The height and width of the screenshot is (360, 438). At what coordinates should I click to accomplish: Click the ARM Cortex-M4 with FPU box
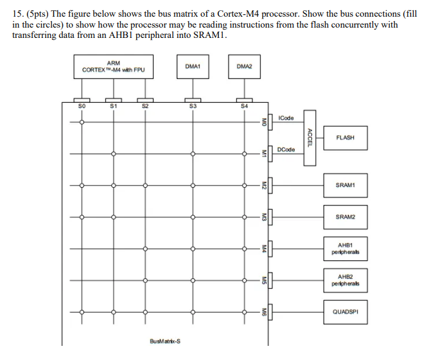tap(113, 67)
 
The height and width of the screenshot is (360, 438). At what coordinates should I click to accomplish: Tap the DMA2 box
tap(244, 67)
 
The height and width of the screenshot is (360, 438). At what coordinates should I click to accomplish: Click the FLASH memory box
tap(345, 138)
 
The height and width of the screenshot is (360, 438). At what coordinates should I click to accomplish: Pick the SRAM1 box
tap(345, 185)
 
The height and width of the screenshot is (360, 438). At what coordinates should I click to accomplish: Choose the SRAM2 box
tap(345, 217)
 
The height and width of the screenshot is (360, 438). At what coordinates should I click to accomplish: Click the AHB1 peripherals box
tap(345, 249)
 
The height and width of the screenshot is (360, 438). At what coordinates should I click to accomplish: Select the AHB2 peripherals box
tap(345, 280)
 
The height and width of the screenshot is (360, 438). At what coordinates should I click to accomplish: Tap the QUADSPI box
tap(345, 312)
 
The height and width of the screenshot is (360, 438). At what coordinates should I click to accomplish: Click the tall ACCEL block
tap(310, 138)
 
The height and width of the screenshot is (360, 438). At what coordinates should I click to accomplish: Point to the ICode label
tap(286, 118)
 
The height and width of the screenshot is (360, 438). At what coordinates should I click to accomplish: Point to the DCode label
tap(286, 150)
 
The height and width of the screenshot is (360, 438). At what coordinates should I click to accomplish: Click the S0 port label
tap(81, 105)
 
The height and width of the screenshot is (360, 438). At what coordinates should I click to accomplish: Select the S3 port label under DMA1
tap(193, 105)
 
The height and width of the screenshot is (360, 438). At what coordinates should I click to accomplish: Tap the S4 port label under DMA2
tap(244, 105)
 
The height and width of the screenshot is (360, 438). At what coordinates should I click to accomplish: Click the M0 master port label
tap(263, 122)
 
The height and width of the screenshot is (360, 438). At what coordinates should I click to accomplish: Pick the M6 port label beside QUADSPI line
tap(263, 312)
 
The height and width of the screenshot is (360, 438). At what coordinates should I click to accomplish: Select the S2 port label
tap(145, 105)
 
